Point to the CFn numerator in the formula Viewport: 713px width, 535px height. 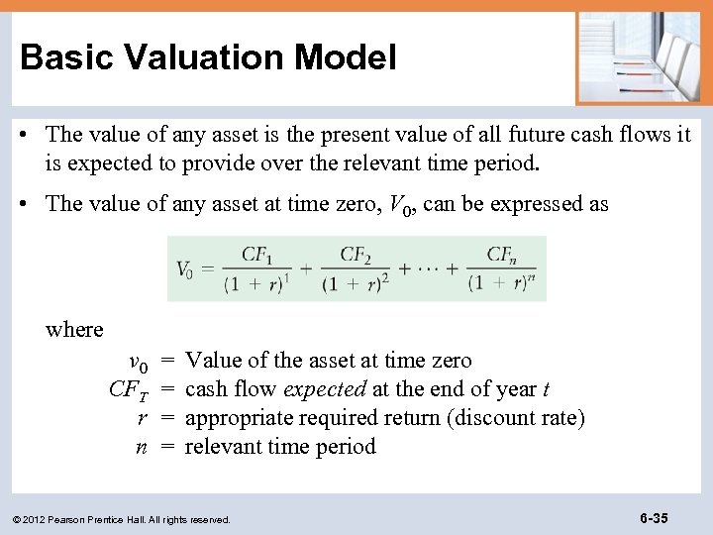500,254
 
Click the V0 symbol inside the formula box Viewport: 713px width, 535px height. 185,268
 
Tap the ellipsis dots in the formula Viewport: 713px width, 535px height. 426,268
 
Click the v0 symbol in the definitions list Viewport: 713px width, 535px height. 138,362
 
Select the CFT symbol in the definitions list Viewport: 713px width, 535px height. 129,389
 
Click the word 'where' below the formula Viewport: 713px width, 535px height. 74,329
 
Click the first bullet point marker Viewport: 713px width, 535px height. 31,135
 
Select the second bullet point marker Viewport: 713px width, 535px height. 31,204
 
